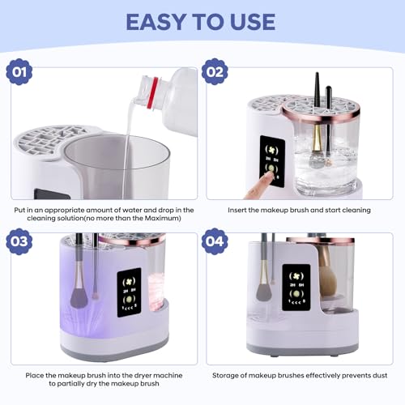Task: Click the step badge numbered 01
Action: [19, 72]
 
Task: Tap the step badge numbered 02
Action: [215, 72]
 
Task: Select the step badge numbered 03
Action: [19, 241]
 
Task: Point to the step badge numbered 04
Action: [215, 241]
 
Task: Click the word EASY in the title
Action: [156, 22]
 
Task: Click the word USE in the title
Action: [253, 22]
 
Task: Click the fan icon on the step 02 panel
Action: [271, 150]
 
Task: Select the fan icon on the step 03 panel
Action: [129, 282]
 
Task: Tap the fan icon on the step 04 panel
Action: [296, 276]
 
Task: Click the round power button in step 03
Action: [129, 300]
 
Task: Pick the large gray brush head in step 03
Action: [79, 297]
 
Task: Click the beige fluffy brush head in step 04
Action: [328, 283]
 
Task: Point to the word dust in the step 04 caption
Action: [380, 375]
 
